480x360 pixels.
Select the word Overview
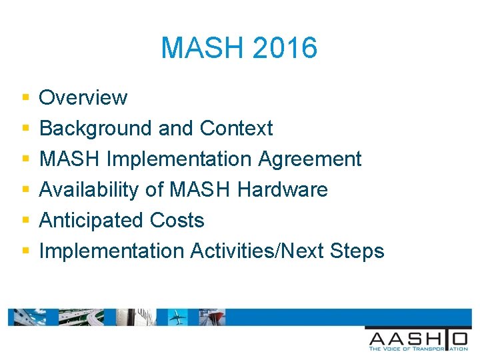point(83,97)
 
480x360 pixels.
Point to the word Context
point(236,128)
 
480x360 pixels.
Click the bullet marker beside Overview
point(25,98)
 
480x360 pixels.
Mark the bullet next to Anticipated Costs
point(25,221)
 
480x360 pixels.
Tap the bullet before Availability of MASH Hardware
point(25,190)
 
